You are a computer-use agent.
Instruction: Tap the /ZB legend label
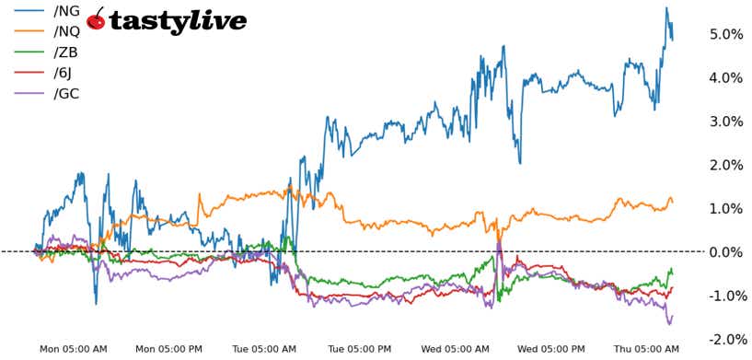67,53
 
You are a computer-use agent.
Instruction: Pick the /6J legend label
65,73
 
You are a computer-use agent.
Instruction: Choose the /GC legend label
67,93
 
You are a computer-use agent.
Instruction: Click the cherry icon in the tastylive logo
96,19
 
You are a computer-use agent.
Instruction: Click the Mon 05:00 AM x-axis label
74,349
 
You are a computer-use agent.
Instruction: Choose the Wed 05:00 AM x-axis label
455,349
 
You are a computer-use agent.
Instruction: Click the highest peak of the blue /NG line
665,8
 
